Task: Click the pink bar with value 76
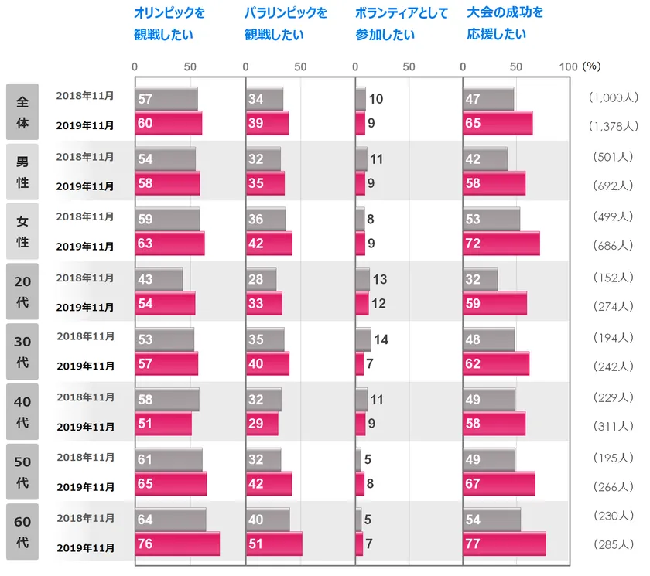(x=177, y=544)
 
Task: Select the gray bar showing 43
(x=159, y=279)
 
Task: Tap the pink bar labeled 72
(x=501, y=244)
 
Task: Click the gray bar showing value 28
(x=261, y=279)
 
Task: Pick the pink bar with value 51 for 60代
(x=274, y=544)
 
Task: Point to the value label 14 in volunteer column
(x=381, y=339)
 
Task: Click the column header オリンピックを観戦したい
(x=169, y=24)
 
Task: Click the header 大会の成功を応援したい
(x=505, y=24)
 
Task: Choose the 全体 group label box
(x=22, y=112)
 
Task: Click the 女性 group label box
(x=22, y=231)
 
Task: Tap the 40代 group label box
(x=22, y=411)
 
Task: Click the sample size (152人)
(x=613, y=278)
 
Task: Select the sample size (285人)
(x=613, y=544)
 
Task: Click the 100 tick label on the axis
(x=568, y=66)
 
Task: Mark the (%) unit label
(x=592, y=66)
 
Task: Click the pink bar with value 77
(x=505, y=544)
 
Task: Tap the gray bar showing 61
(x=169, y=459)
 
